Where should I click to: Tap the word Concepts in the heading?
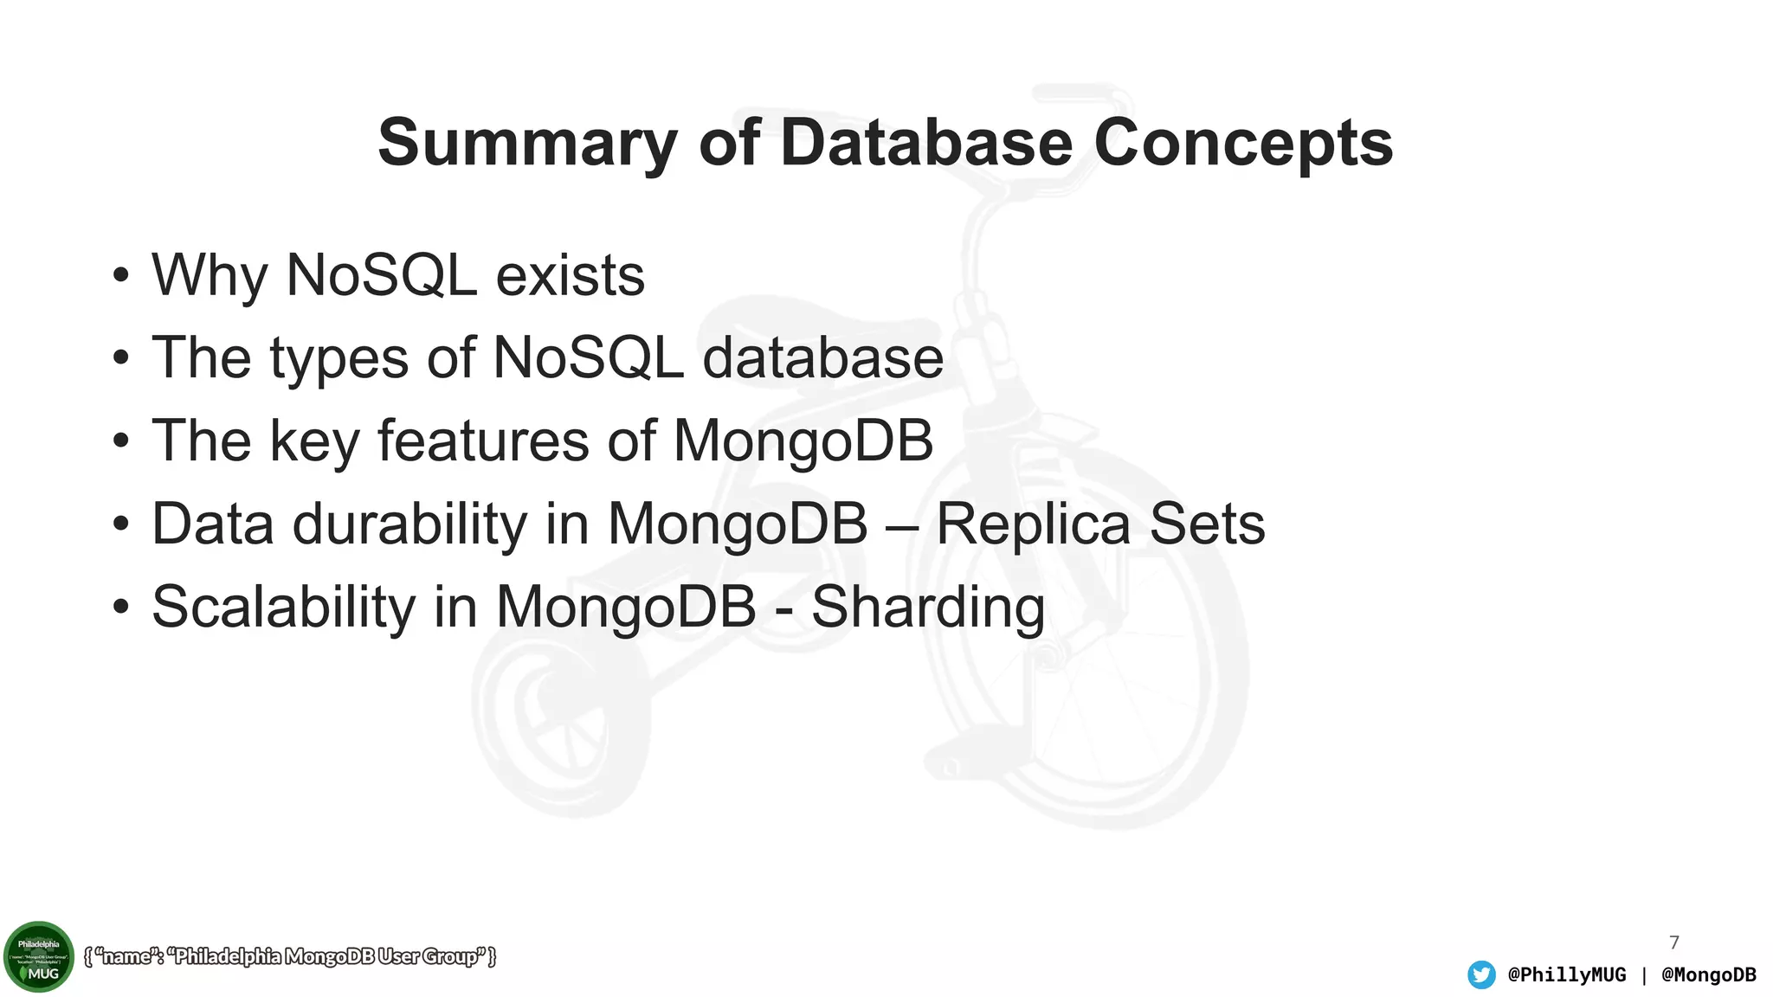tap(1243, 144)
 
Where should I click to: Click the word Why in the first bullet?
tap(210, 276)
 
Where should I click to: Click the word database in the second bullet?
tap(822, 358)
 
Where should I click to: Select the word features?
tap(483, 441)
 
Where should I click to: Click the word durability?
tap(409, 524)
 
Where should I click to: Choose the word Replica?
tap(1033, 524)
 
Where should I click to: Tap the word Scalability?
tap(283, 607)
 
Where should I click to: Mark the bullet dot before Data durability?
tap(121, 524)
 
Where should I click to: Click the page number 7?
tap(1673, 942)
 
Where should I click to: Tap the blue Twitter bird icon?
tap(1481, 974)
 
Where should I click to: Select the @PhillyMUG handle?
tap(1566, 974)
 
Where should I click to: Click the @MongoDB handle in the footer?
tap(1708, 974)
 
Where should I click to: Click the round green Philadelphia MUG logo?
tap(39, 956)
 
